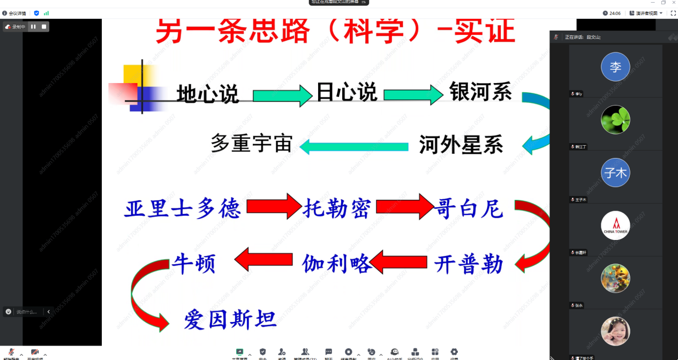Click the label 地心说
pos(208,94)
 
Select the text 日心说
pos(346,93)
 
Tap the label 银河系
pos(480,92)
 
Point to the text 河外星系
pos(461,145)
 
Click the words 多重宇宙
pos(252,144)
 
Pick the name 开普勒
pos(469,264)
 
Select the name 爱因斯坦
pos(230,320)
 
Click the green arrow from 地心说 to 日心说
pos(282,96)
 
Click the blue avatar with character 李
pos(615,67)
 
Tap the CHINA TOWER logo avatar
pos(615,226)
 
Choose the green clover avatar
pos(615,119)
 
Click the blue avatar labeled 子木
pos(615,172)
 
